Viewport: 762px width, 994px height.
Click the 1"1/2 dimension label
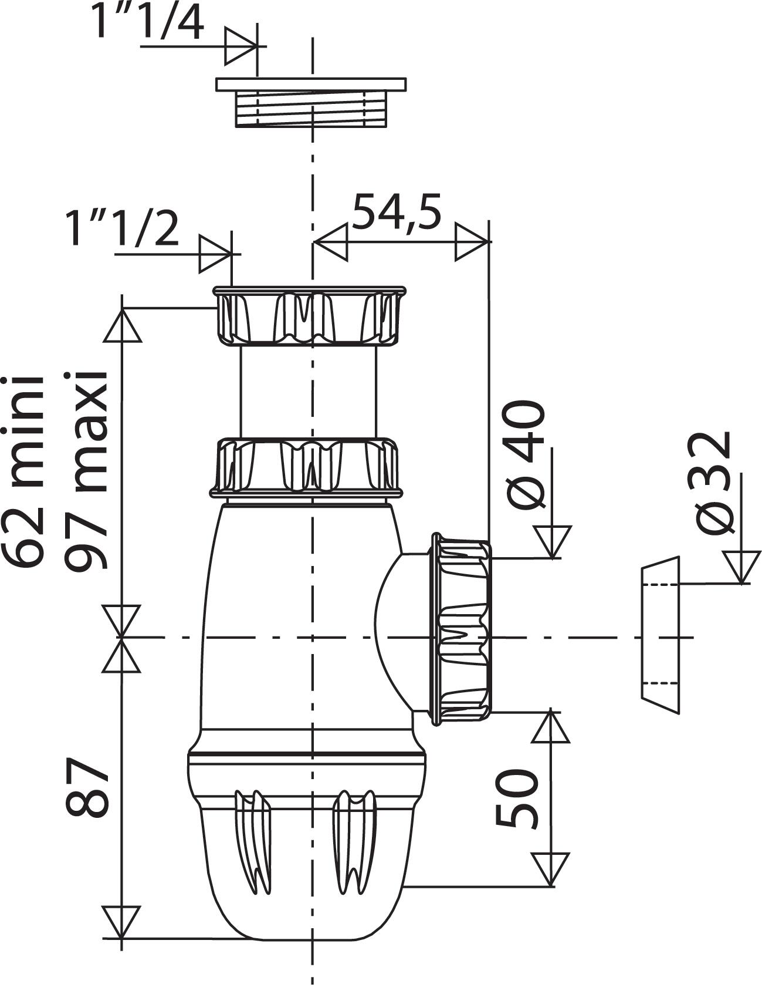pos(122,229)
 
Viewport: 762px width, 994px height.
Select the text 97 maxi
pos(87,470)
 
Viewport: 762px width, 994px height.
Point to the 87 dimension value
pos(88,787)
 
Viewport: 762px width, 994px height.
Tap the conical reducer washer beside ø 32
pos(660,634)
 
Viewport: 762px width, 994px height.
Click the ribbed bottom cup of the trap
pos(305,845)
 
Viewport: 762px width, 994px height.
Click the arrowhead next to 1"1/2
pos(215,254)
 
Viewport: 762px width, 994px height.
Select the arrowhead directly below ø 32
pos(741,567)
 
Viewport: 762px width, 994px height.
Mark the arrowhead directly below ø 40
pos(552,541)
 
